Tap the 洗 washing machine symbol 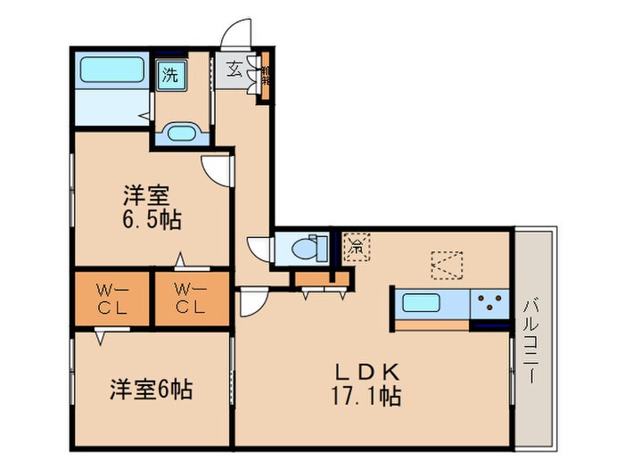168,75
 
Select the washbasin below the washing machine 184,133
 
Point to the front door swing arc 237,34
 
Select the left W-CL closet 113,298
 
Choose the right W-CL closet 190,298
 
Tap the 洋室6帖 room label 152,390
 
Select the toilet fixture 304,248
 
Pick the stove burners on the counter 490,302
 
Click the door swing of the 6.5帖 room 216,168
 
